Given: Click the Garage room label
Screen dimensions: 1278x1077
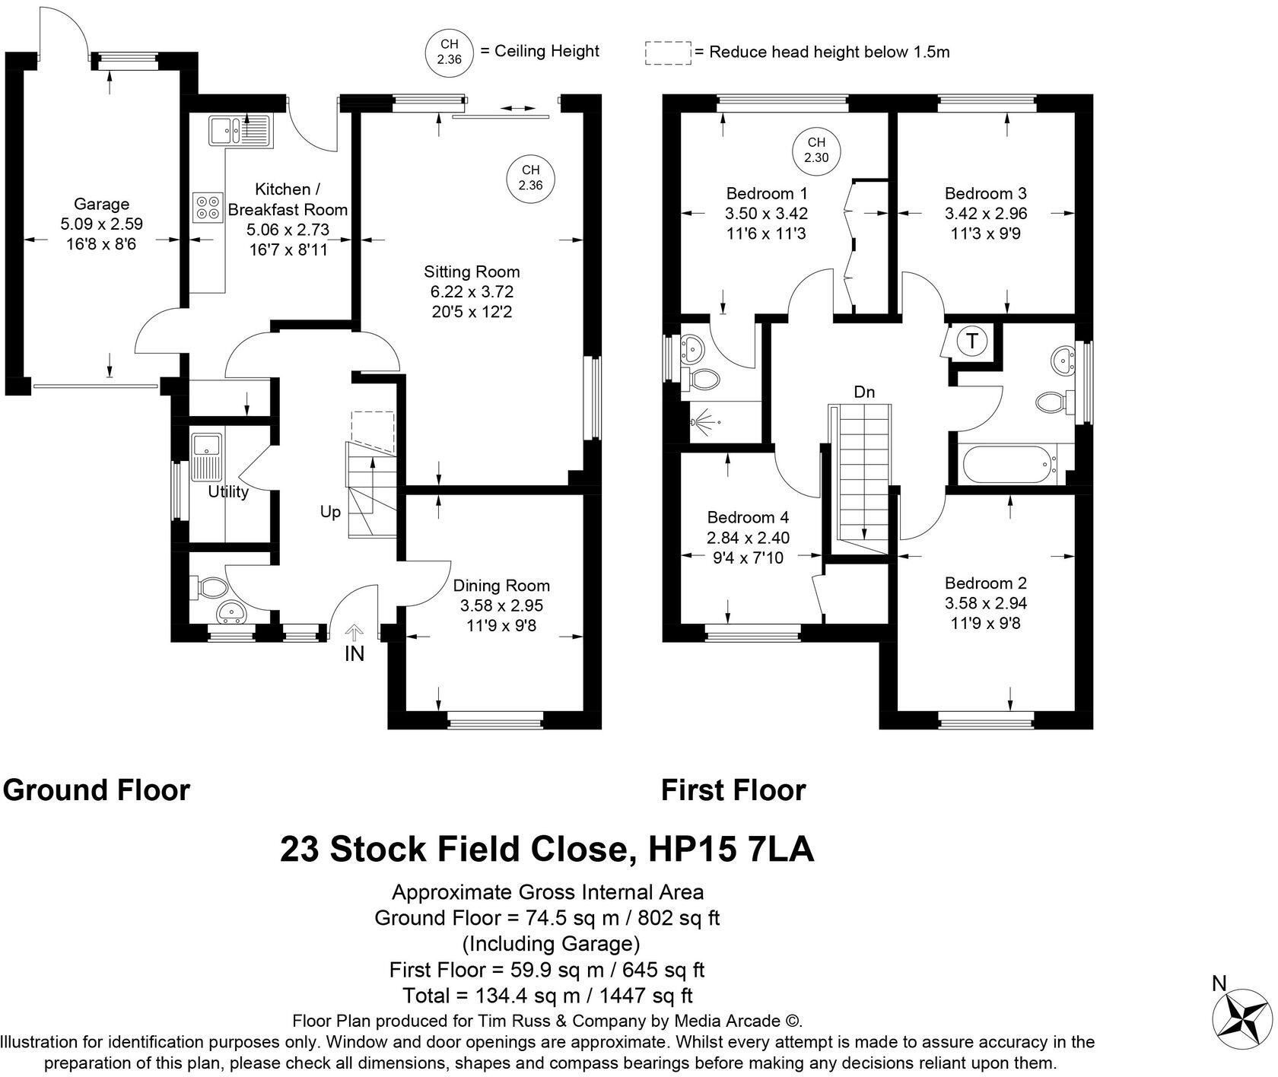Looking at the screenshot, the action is (x=101, y=204).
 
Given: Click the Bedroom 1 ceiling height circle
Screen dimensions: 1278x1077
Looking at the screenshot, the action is (x=816, y=150).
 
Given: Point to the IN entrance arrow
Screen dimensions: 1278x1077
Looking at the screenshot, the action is (x=354, y=631).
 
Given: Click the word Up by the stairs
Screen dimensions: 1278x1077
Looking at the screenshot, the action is (x=330, y=513).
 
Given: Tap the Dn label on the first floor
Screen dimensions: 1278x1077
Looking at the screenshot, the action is (x=864, y=392).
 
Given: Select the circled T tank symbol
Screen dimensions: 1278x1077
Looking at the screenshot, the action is (x=971, y=341).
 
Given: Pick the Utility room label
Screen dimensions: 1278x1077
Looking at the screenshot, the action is (x=228, y=492).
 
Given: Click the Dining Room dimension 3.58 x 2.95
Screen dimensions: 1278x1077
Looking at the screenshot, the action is (x=501, y=605).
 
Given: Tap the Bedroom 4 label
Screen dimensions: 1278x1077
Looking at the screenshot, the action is (x=748, y=517).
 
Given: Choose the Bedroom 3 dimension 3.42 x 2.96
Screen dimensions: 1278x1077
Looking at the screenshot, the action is (x=986, y=213).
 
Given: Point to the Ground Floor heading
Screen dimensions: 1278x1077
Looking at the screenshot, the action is (x=96, y=790).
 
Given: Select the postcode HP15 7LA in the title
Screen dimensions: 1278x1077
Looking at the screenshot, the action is (x=731, y=850).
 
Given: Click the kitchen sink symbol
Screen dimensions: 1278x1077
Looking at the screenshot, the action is (x=238, y=130).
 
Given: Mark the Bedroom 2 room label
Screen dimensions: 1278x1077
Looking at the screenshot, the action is (x=986, y=583).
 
